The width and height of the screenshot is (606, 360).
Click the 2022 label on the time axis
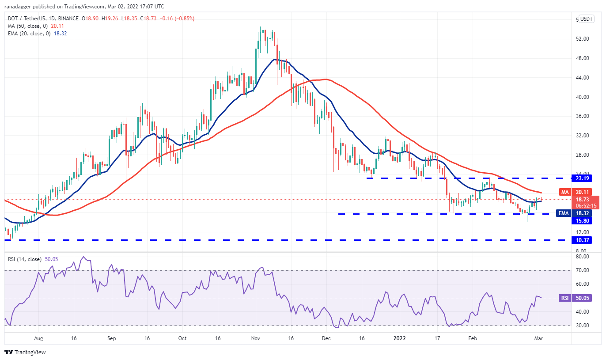[399, 338]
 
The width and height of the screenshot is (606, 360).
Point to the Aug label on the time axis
[38, 338]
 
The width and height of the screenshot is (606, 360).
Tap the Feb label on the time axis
[472, 338]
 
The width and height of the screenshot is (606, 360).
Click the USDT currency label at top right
[586, 19]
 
